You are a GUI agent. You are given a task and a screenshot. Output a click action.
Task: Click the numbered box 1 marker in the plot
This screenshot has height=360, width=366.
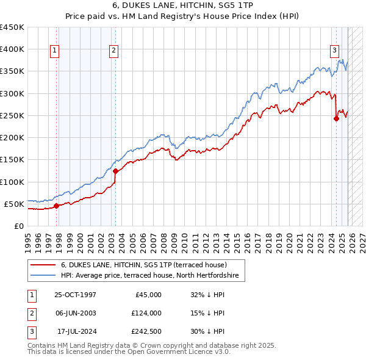pyautogui.click(x=55, y=51)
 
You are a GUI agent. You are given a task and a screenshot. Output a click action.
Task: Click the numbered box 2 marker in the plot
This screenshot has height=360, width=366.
pyautogui.click(x=114, y=51)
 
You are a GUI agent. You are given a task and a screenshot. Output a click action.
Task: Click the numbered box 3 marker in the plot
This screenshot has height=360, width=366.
pyautogui.click(x=335, y=51)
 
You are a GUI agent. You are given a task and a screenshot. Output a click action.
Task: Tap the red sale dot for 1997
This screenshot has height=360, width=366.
pyautogui.click(x=56, y=206)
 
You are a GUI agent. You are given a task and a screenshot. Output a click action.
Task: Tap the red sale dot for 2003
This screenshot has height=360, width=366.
pyautogui.click(x=115, y=171)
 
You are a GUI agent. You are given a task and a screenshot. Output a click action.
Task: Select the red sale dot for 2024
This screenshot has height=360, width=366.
pyautogui.click(x=336, y=119)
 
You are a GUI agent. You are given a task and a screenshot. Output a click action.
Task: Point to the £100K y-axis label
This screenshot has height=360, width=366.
pyautogui.click(x=12, y=182)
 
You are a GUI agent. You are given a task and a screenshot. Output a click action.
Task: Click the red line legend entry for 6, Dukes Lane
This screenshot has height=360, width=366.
pyautogui.click(x=144, y=265)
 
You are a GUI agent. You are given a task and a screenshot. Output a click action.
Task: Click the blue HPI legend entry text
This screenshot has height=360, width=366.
pyautogui.click(x=152, y=276)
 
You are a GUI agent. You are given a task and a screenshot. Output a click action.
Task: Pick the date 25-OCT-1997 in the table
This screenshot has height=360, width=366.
pyautogui.click(x=74, y=294)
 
